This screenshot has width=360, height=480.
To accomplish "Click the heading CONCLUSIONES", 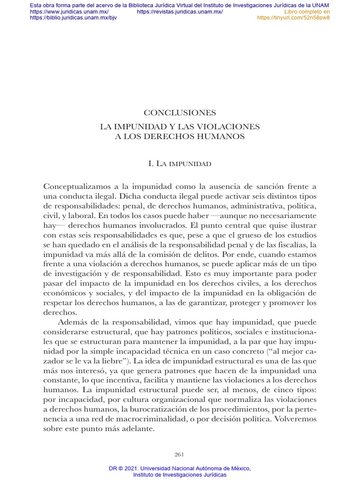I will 180,113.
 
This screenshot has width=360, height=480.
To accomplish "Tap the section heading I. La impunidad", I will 180,164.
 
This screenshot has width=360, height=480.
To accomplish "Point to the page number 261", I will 179,454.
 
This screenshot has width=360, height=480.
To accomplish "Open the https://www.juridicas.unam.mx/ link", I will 69,12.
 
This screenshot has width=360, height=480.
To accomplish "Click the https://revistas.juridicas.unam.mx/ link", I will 180,12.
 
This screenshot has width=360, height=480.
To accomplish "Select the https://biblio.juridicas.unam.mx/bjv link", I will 73,18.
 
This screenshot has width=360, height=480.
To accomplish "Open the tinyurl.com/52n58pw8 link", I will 293,18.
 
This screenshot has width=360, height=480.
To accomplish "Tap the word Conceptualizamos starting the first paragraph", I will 74,187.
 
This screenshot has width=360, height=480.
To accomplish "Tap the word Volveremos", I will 294,418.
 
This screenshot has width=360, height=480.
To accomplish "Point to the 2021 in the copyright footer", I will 134,468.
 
